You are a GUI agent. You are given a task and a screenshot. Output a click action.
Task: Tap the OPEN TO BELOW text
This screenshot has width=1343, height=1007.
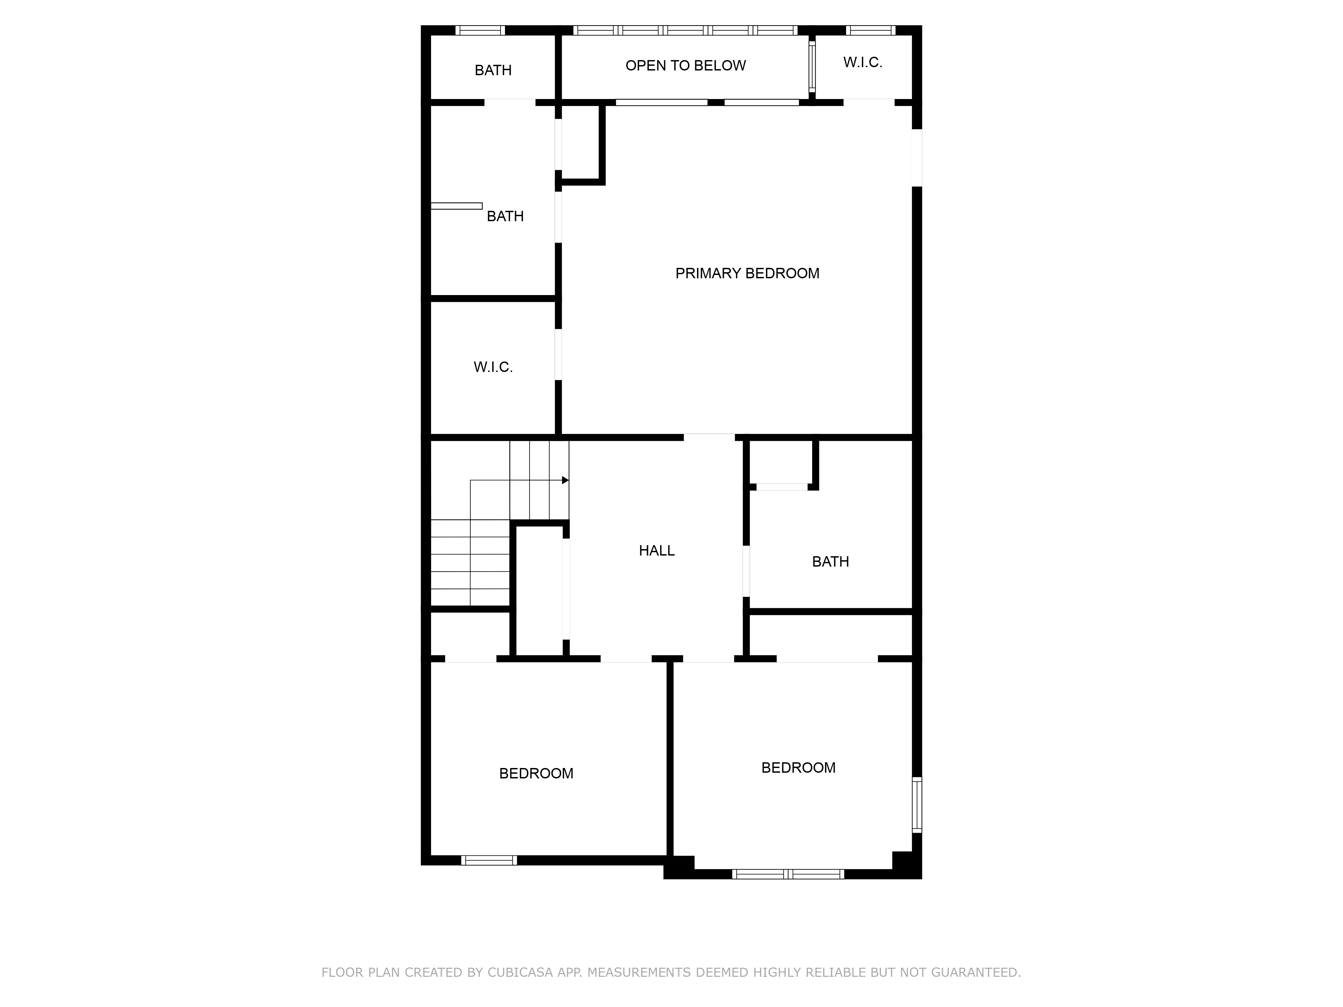point(686,65)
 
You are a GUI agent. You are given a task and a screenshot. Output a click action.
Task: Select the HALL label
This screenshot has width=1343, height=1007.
point(656,550)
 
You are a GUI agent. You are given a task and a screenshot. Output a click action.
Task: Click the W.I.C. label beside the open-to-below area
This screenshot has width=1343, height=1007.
point(862,62)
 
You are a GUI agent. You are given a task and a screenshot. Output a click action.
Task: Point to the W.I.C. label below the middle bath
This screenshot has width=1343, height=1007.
point(493,367)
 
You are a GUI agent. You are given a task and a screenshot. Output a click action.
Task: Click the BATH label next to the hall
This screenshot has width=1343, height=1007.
point(830,562)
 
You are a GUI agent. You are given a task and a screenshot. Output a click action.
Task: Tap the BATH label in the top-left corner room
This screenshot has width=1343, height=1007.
point(493,70)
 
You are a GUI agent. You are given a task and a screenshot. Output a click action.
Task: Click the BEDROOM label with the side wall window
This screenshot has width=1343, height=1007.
point(798,768)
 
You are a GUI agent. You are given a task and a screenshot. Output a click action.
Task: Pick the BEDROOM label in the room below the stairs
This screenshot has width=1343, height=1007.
point(536,773)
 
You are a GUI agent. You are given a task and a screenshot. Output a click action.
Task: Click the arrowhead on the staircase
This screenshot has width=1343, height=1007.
point(565,480)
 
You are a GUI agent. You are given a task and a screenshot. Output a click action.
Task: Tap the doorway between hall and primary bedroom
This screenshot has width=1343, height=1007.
point(709,437)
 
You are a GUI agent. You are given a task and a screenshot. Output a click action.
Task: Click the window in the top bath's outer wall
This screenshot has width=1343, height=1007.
point(480,30)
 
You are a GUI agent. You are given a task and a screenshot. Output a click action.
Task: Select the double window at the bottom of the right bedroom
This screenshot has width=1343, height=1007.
point(787,874)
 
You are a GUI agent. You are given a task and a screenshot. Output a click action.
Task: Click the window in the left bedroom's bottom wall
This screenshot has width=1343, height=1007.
point(489,860)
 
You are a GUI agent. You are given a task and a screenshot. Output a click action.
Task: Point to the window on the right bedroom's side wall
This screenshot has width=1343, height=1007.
point(917,804)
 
